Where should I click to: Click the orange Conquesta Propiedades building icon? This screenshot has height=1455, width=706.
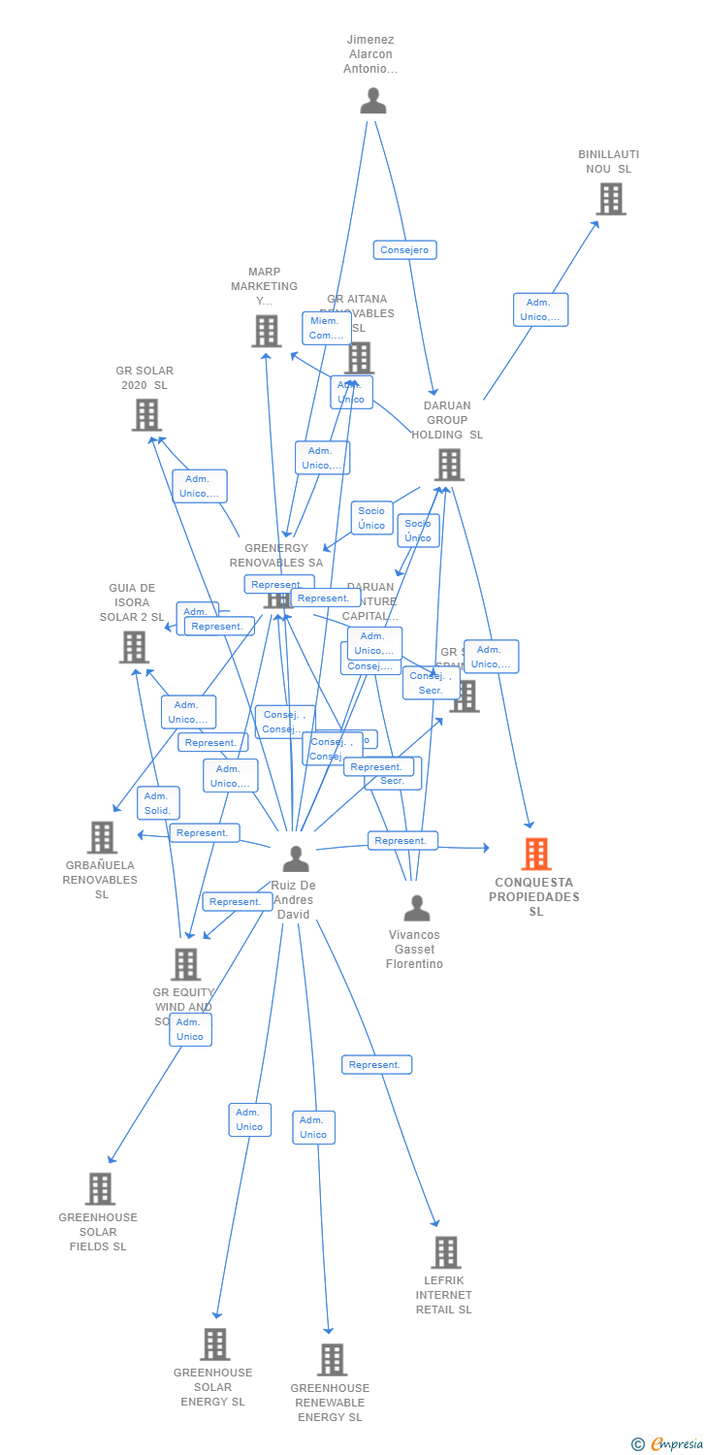coord(536,854)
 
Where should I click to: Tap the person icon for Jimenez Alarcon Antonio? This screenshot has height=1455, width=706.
coord(373,101)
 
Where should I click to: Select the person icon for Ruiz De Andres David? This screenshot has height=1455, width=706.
coord(296,858)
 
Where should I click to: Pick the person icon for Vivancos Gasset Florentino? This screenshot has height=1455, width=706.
coord(417,908)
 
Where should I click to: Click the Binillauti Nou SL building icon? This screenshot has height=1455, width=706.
coord(610,199)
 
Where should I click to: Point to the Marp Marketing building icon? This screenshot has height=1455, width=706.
coord(267,331)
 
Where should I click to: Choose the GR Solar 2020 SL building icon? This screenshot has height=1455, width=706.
coord(146,415)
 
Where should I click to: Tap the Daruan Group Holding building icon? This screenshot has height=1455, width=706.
coord(449,465)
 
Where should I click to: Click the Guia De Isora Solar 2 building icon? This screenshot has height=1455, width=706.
coord(134,647)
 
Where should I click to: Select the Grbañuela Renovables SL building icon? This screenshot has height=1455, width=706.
coord(102,837)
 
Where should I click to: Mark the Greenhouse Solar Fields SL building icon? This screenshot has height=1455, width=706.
coord(100,1188)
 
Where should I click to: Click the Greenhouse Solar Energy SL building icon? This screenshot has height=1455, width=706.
coord(215,1344)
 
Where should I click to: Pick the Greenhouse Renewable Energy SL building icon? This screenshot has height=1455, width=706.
coord(332,1360)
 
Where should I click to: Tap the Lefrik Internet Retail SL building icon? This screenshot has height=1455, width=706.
coord(445,1252)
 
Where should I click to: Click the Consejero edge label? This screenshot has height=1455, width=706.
coord(404,250)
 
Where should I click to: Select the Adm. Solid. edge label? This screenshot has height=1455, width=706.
coord(158,803)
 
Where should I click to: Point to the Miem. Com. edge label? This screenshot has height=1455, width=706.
coord(326,328)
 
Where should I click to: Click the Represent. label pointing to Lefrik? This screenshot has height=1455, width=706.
coord(376,1065)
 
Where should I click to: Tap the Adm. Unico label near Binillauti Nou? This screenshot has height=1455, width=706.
coord(540,309)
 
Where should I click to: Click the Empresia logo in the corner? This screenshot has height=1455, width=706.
coord(668,1444)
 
